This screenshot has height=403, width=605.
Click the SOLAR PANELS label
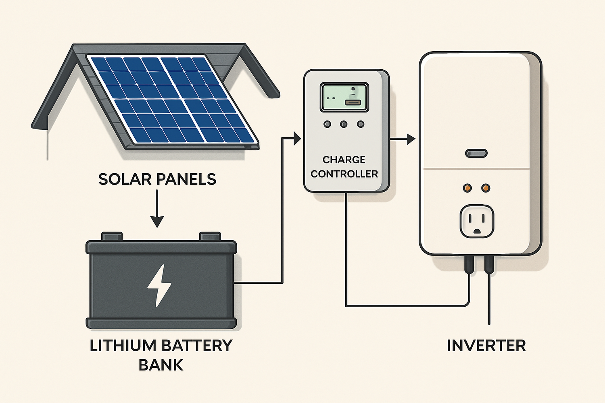(157, 179)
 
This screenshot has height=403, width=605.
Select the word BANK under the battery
(161, 365)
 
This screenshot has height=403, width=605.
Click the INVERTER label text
(486, 346)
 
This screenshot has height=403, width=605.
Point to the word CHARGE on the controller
(344, 160)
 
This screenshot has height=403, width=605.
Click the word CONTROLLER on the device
(344, 174)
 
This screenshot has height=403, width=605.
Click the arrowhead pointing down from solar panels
(157, 221)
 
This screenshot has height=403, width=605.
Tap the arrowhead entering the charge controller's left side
(297, 138)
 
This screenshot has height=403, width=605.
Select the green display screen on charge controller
(344, 97)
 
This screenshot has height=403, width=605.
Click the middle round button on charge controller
(344, 124)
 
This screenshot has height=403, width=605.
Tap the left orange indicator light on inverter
(467, 188)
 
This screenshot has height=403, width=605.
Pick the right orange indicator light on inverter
(486, 188)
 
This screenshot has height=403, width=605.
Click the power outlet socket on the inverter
(477, 221)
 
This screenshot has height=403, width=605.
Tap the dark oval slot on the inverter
(476, 153)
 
